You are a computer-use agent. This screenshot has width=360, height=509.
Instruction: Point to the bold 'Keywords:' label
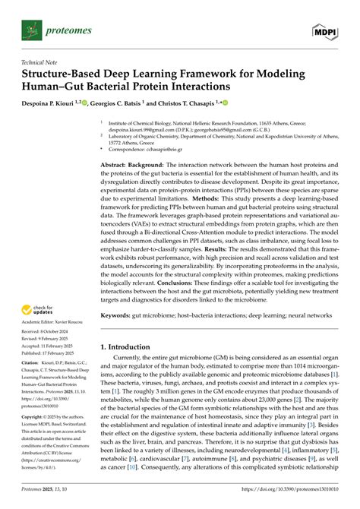(122, 337)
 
